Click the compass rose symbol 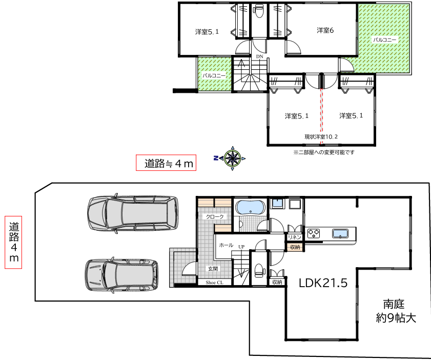point(233,158)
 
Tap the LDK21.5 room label point(323,283)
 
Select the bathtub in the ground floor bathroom point(251,207)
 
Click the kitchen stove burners point(313,233)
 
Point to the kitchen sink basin point(340,233)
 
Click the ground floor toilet point(259,270)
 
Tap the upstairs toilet point(258,11)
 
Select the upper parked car point(133,213)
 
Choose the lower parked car point(121,275)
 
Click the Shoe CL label point(214,283)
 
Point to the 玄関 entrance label point(213,269)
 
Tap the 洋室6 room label point(325,30)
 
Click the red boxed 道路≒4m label point(166,163)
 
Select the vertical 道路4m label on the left point(13,242)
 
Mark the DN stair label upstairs point(260,56)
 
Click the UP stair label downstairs point(241,247)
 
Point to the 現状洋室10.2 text point(321,137)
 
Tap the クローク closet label point(215,217)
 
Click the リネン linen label point(294,237)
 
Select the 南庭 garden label point(394,304)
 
